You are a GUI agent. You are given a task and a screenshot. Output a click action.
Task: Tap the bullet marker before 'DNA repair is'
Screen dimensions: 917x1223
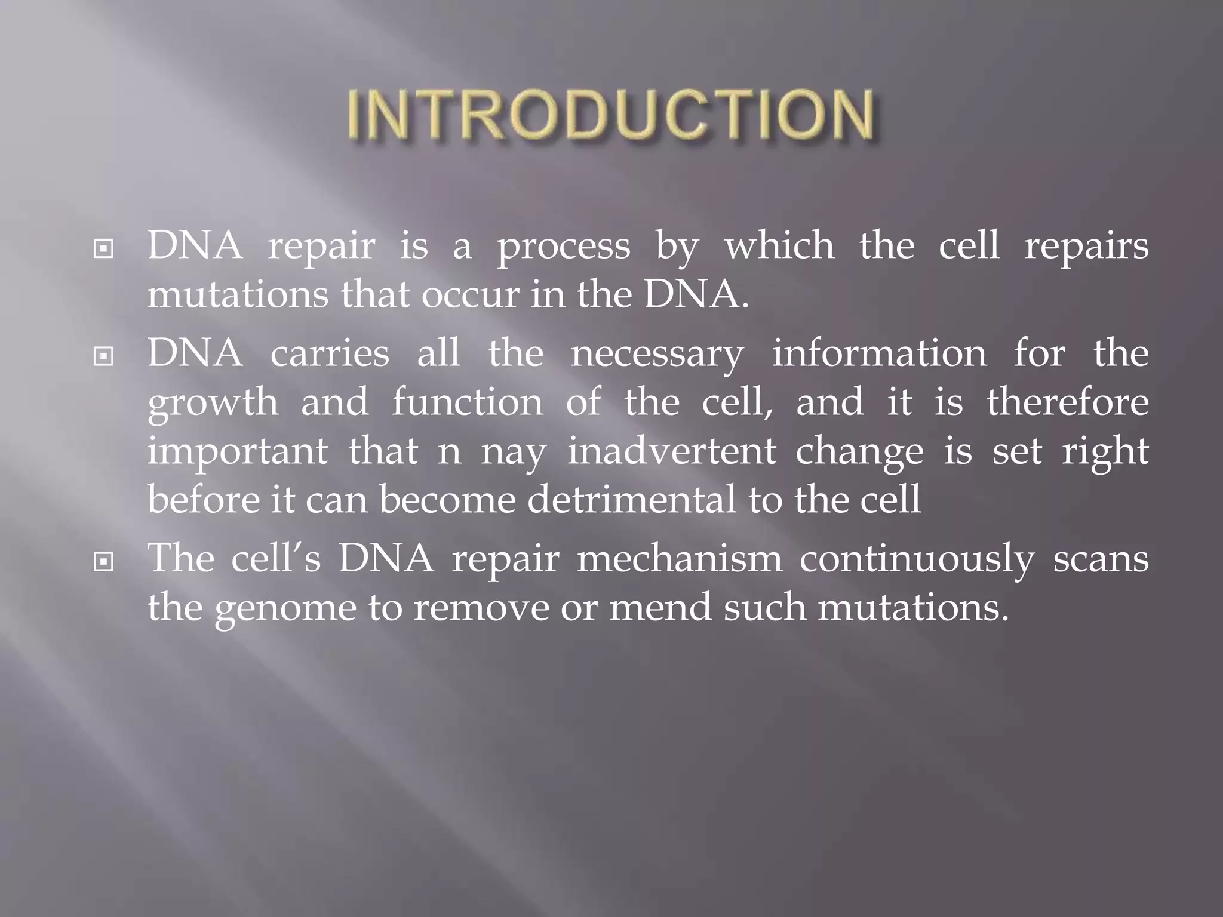pyautogui.click(x=104, y=248)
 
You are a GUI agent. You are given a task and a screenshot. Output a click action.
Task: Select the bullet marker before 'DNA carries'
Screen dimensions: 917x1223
pyautogui.click(x=104, y=356)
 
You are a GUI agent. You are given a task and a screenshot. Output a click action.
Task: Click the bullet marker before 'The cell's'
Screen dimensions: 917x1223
pyautogui.click(x=104, y=562)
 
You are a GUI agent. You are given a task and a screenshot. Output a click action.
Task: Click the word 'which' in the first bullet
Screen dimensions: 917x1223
pyautogui.click(x=779, y=246)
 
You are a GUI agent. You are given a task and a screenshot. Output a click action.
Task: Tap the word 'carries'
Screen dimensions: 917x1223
pyautogui.click(x=330, y=353)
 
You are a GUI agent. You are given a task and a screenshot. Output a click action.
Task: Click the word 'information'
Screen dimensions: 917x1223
pyautogui.click(x=880, y=353)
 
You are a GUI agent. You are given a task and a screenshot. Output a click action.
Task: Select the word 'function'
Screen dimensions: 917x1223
pyautogui.click(x=468, y=402)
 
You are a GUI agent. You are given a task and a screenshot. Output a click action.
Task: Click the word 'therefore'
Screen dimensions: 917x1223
pyautogui.click(x=1067, y=402)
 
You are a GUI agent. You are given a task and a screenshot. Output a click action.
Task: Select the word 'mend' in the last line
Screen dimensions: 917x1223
pyautogui.click(x=660, y=608)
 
